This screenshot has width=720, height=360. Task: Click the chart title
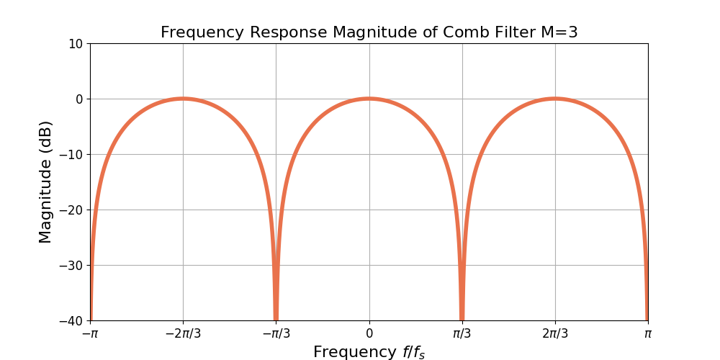pos(369,32)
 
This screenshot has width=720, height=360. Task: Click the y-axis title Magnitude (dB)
pos(45,181)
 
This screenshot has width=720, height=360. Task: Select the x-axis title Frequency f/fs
pos(369,352)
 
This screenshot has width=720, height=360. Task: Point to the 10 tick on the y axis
pos(76,43)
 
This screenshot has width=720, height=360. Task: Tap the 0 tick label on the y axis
pos(79,99)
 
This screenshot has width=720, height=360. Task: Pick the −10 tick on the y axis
pos(72,154)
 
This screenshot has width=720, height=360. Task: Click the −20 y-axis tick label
pos(72,210)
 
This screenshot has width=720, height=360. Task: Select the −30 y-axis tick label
pos(72,265)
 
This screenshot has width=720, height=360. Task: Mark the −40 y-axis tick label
pos(72,320)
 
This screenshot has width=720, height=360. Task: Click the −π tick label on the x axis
pos(90,333)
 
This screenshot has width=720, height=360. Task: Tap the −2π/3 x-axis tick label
pos(183,333)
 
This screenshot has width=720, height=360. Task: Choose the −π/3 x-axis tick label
pos(276,333)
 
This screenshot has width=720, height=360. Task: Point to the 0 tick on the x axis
pos(369,333)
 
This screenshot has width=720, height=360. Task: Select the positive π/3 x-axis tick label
pos(462,333)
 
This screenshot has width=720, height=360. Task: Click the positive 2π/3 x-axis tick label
pos(554,333)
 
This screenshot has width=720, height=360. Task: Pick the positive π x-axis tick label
pos(647,333)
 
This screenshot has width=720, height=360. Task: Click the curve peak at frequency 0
pos(369,99)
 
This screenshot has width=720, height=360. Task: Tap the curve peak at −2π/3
pos(183,99)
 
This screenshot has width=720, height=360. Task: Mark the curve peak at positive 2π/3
pos(554,99)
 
